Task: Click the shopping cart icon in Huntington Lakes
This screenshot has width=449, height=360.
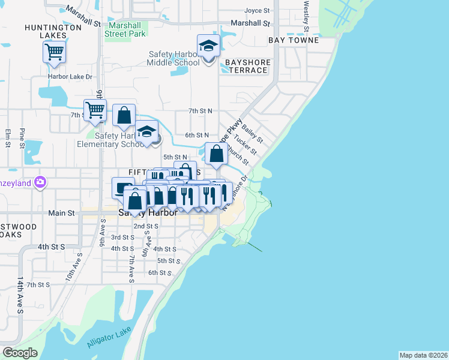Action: click(54, 52)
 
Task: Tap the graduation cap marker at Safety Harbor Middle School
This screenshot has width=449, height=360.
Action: click(208, 46)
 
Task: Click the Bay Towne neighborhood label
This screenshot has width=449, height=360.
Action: click(292, 40)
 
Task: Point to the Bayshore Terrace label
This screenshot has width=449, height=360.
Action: click(246, 66)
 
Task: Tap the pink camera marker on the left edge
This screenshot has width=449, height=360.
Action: click(40, 182)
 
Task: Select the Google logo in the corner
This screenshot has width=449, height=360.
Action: click(20, 353)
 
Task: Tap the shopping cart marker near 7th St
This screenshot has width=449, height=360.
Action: click(95, 110)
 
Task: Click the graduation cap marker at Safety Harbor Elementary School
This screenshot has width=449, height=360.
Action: click(146, 133)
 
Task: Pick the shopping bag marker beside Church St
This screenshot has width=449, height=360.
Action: click(216, 153)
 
